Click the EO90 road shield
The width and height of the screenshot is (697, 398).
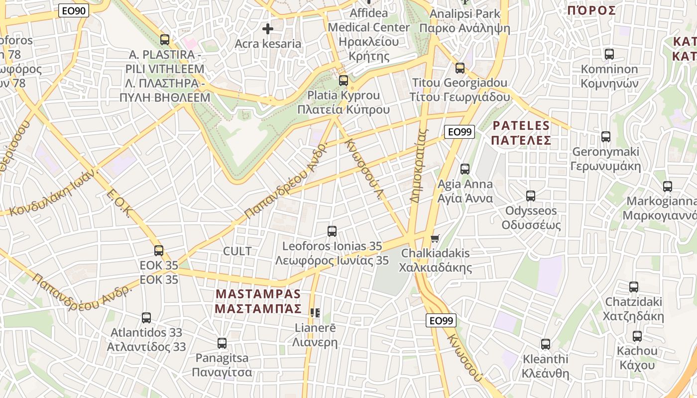click(x=74, y=10)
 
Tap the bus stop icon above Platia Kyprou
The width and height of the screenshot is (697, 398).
click(x=344, y=80)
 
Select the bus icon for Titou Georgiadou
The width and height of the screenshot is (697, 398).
click(x=460, y=68)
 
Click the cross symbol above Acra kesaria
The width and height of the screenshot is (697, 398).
click(x=268, y=29)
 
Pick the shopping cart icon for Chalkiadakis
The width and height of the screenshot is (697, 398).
click(x=435, y=238)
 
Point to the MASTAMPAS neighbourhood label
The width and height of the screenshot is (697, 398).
click(x=258, y=301)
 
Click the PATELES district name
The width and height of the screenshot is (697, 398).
click(x=521, y=133)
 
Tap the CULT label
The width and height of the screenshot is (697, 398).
click(x=237, y=251)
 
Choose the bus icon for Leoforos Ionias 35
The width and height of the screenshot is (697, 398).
click(x=332, y=231)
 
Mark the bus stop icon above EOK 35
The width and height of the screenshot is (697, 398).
click(x=159, y=250)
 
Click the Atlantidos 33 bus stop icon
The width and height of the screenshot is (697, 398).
click(x=146, y=317)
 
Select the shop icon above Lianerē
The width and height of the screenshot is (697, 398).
click(x=315, y=313)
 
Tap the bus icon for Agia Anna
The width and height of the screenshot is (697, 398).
click(x=465, y=169)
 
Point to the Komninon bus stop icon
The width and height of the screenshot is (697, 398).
click(x=609, y=54)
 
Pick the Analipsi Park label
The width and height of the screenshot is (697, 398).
click(x=465, y=13)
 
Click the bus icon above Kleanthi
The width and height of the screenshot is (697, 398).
click(x=546, y=344)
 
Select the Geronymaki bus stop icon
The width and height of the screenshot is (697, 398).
click(x=606, y=136)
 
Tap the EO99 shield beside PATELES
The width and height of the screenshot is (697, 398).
click(x=459, y=132)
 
